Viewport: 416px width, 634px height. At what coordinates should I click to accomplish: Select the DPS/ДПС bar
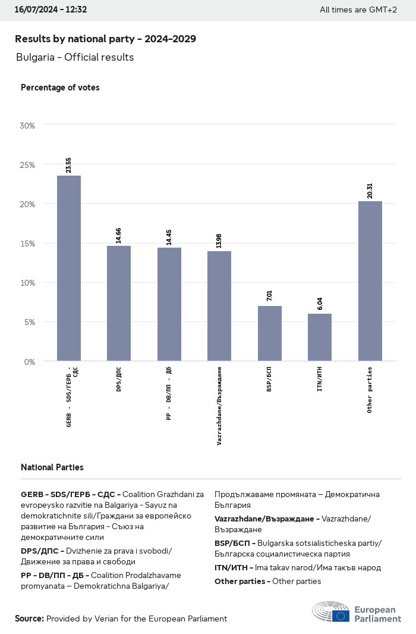[119, 303]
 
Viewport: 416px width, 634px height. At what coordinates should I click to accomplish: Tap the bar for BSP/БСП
[269, 333]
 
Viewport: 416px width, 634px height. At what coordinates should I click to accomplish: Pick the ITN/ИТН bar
[320, 337]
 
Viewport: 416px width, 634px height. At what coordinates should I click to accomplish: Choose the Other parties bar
[370, 281]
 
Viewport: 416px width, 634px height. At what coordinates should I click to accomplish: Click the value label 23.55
[69, 165]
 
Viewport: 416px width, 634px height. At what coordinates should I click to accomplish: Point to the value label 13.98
[219, 241]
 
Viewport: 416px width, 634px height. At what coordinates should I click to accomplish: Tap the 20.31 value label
[370, 191]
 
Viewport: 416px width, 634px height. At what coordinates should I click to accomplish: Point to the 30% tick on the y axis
[27, 126]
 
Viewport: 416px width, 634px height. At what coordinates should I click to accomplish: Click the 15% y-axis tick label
[27, 243]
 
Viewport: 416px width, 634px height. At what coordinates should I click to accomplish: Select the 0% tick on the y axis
[29, 361]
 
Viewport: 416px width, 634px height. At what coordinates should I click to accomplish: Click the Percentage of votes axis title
[60, 88]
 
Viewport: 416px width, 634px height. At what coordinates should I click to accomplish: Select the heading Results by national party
[105, 39]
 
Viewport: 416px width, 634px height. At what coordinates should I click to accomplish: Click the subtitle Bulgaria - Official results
[75, 57]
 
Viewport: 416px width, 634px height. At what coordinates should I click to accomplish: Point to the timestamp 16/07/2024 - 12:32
[51, 10]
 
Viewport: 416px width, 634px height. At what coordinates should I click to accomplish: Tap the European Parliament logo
[357, 613]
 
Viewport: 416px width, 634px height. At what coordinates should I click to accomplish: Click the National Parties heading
[52, 467]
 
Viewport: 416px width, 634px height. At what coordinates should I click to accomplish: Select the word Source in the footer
[29, 619]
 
